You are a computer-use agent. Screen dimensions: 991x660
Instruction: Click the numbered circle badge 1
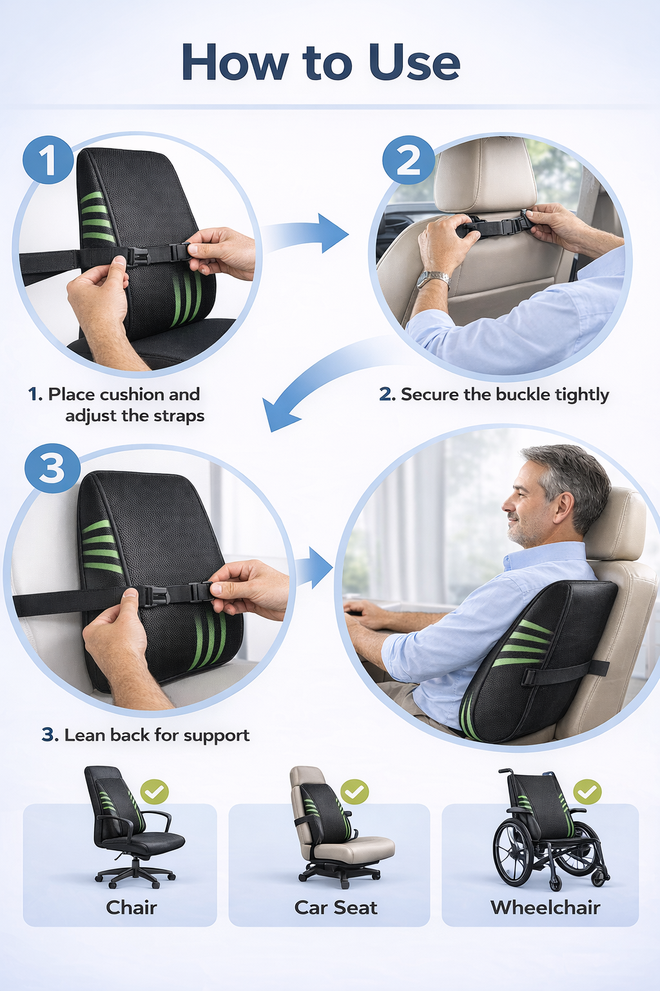(x=48, y=159)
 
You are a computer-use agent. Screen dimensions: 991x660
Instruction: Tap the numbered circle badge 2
(x=408, y=159)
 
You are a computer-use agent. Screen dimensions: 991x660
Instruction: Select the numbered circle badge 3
(x=52, y=468)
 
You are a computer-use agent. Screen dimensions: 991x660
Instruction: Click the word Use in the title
(x=414, y=63)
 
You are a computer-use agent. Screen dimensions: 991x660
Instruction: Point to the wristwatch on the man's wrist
(x=433, y=279)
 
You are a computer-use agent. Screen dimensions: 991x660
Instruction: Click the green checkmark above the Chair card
(x=155, y=791)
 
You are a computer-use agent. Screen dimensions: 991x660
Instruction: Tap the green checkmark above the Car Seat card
(x=354, y=791)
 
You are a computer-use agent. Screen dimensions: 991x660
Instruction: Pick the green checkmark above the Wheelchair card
(x=587, y=791)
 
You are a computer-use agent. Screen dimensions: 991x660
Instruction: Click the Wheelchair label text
(x=545, y=907)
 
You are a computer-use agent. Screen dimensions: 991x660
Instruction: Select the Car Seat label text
(x=335, y=907)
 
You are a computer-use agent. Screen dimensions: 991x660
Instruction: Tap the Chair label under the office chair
(x=131, y=907)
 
